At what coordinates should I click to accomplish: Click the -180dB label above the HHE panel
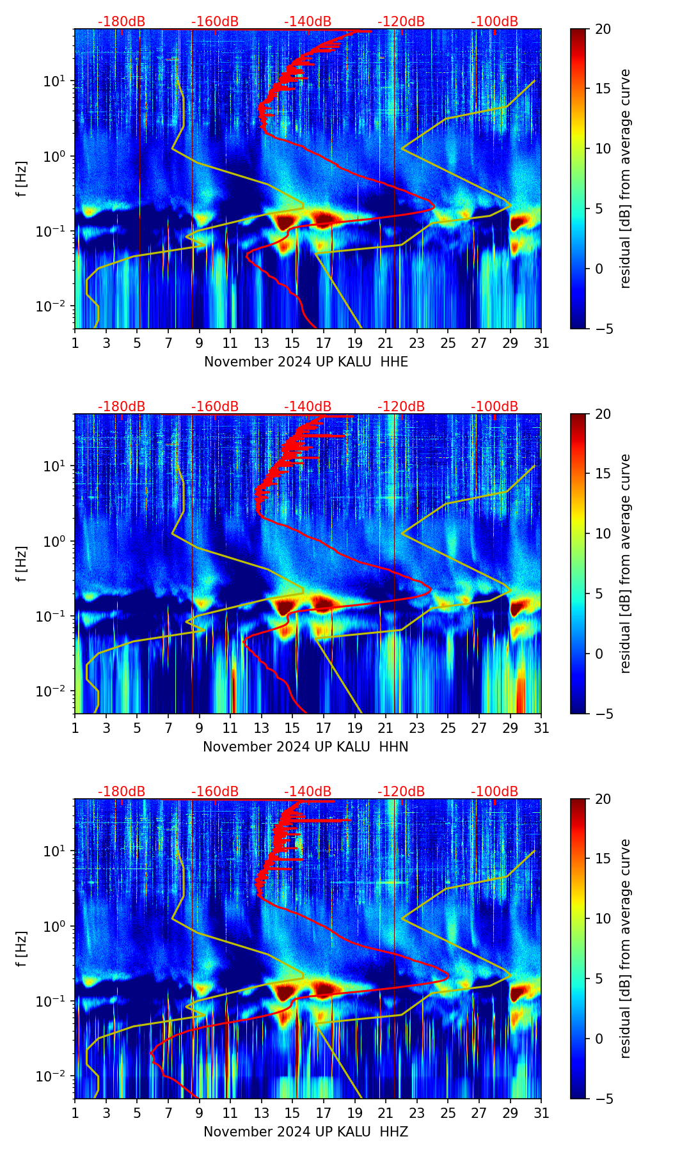click(x=122, y=22)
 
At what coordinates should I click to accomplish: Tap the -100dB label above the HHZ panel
click(x=495, y=792)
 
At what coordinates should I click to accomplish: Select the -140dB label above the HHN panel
click(x=308, y=407)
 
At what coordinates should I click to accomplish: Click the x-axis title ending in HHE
click(x=306, y=362)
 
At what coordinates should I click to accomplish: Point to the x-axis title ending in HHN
click(x=306, y=747)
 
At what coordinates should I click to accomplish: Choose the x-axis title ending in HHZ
click(x=306, y=1132)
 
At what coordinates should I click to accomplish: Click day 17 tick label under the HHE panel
click(x=324, y=343)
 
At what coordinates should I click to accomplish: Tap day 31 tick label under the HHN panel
click(x=541, y=728)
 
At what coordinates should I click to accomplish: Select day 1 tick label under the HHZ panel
click(x=75, y=1113)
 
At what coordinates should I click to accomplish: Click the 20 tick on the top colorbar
click(x=603, y=29)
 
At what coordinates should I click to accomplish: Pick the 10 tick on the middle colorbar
click(x=603, y=533)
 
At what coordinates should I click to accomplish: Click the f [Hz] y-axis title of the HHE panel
click(x=22, y=178)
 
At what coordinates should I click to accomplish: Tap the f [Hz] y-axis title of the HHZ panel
click(x=22, y=948)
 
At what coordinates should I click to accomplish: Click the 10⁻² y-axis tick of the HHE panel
click(x=56, y=307)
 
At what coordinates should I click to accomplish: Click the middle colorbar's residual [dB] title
click(x=626, y=563)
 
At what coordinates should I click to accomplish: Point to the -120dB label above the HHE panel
click(x=401, y=22)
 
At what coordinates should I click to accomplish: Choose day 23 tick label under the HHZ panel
click(x=417, y=1113)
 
